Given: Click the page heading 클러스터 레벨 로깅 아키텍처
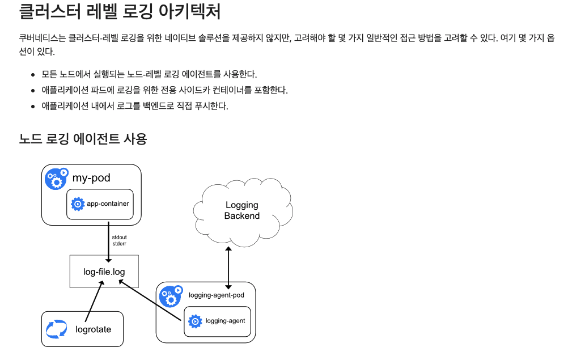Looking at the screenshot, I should click(x=120, y=12).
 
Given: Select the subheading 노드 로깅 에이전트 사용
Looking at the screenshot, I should click(x=83, y=139).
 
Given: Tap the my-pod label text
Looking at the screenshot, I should click(x=91, y=178).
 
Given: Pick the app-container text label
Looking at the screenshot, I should click(x=108, y=204).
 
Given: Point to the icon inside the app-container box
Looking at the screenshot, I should click(x=78, y=204).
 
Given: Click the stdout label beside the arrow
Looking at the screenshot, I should click(x=119, y=237).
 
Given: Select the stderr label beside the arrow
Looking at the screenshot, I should click(x=119, y=243).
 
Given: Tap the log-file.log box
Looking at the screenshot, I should click(x=104, y=272).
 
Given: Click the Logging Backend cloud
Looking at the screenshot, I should click(x=242, y=210).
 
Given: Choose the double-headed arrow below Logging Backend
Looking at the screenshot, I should click(x=228, y=268).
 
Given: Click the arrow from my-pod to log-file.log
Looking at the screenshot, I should click(x=108, y=241).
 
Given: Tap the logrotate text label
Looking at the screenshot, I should click(x=94, y=329).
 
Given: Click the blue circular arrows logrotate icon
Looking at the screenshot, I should click(x=57, y=329).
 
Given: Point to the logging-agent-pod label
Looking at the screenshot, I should click(x=216, y=295).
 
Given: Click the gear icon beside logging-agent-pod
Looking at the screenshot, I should click(x=171, y=295).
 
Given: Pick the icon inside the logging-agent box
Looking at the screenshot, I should click(x=194, y=321).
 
